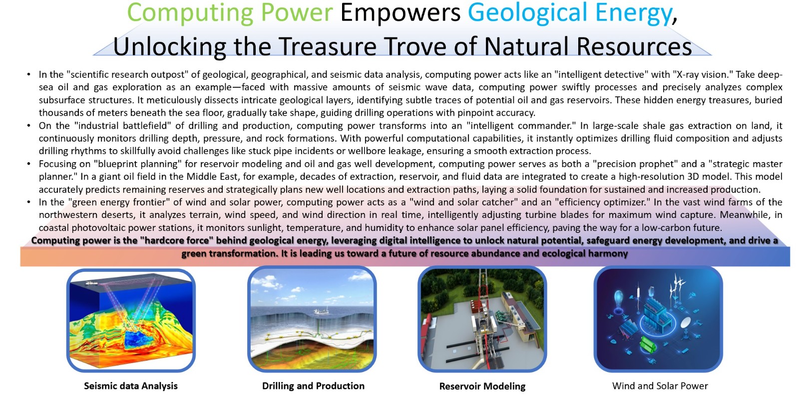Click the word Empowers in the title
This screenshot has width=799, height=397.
400,13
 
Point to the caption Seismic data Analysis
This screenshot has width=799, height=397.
130,386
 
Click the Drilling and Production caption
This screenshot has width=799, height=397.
313,386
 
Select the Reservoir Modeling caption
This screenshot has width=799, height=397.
482,387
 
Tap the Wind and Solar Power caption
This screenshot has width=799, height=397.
660,386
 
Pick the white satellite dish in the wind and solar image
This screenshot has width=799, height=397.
686,322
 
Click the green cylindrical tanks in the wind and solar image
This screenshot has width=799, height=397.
649,344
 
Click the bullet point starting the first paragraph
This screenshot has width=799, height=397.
28,75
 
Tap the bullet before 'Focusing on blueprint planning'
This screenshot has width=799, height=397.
28,164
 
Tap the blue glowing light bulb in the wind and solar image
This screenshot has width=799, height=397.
618,298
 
